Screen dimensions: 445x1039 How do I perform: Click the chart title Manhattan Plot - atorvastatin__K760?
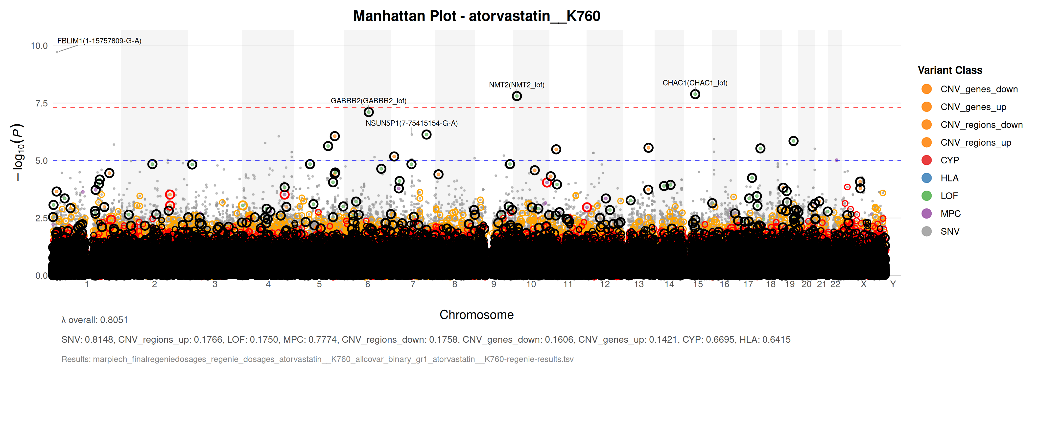[x=476, y=16]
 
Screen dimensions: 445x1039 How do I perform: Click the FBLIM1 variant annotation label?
[x=99, y=41]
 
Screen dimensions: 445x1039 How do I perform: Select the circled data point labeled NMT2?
[x=517, y=96]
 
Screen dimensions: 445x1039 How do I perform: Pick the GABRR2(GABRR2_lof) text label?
[x=368, y=101]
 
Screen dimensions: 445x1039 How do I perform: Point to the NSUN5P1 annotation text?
[x=411, y=123]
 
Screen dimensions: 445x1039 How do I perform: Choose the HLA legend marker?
[x=926, y=178]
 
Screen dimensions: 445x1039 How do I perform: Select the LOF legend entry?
[x=949, y=196]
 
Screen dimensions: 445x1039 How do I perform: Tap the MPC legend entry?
[x=950, y=214]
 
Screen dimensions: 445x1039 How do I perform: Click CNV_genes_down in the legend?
[x=979, y=89]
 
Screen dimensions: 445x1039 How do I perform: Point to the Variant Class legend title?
[x=950, y=70]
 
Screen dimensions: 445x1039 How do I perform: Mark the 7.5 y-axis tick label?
[x=42, y=104]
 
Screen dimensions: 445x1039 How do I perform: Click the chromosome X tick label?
[x=864, y=284]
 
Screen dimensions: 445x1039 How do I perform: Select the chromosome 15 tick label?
[x=698, y=284]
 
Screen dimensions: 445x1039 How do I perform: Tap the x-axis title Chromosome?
[x=476, y=315]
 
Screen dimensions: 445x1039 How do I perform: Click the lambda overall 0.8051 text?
[x=94, y=320]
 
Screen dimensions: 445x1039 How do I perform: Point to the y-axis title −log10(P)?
[x=18, y=152]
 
